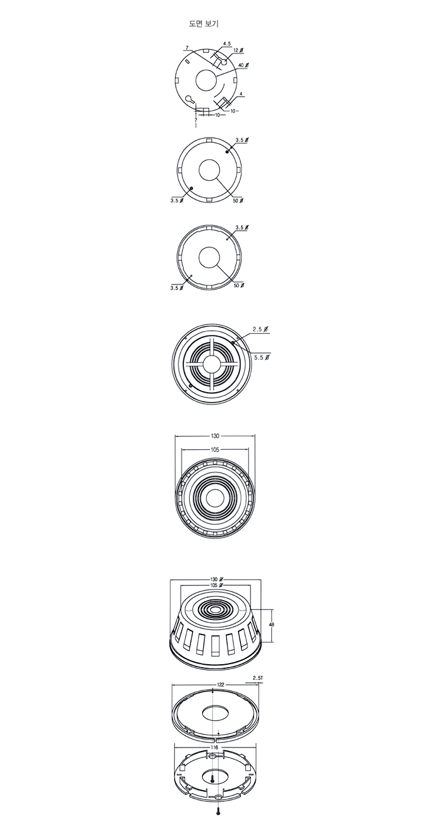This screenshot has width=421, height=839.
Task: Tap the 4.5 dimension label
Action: pyautogui.click(x=227, y=44)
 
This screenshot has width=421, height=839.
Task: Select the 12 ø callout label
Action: pyautogui.click(x=238, y=50)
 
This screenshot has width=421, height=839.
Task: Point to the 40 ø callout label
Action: pyautogui.click(x=243, y=65)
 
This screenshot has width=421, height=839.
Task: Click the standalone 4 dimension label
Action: pyautogui.click(x=241, y=94)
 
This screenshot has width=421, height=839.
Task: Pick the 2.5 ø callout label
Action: pyautogui.click(x=260, y=330)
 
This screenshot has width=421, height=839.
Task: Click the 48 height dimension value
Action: pyautogui.click(x=272, y=625)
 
